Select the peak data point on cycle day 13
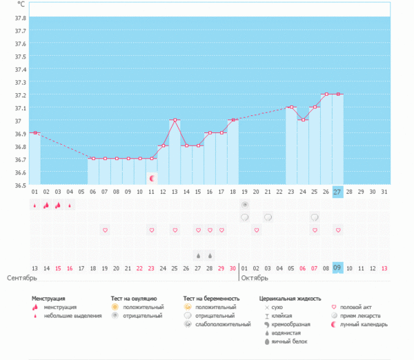tap(175, 120)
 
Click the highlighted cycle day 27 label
tap(337, 191)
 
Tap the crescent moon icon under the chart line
tap(152, 178)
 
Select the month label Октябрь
tap(256, 277)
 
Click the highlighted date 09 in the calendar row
tap(337, 268)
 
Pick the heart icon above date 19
tap(105, 230)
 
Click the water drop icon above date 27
tap(198, 254)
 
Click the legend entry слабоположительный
tap(222, 324)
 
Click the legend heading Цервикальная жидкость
tap(290, 298)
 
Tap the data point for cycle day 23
tap(291, 107)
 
